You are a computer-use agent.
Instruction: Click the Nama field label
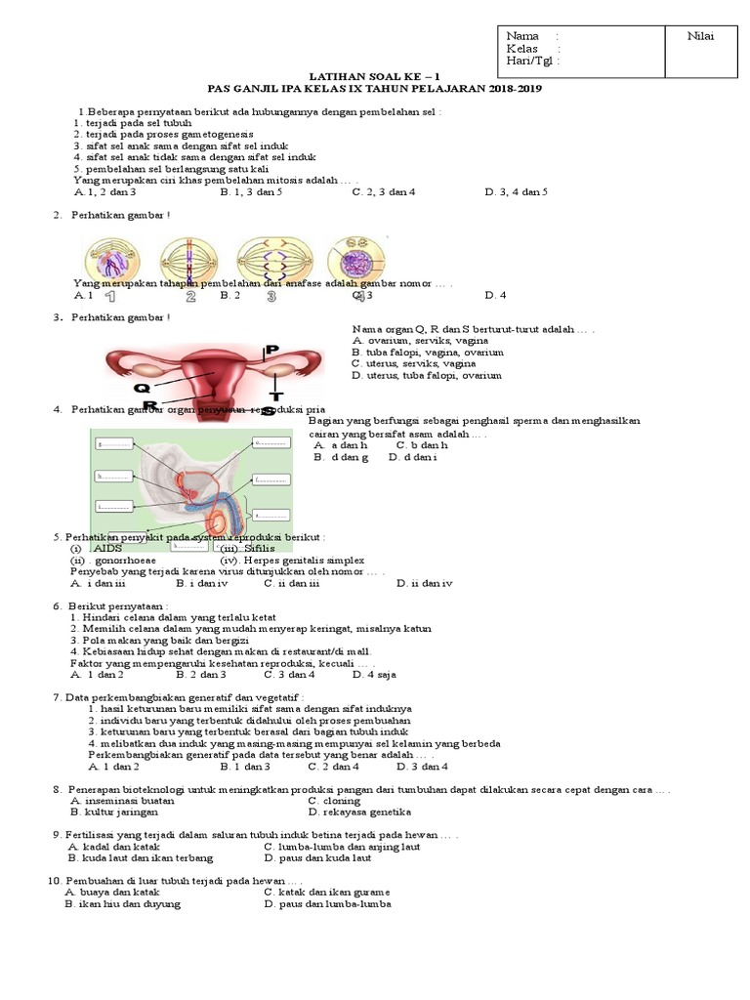coord(522,36)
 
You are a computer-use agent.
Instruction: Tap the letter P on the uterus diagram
coord(272,349)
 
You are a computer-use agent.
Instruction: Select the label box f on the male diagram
coord(271,479)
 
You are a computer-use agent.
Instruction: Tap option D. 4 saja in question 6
coord(374,674)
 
